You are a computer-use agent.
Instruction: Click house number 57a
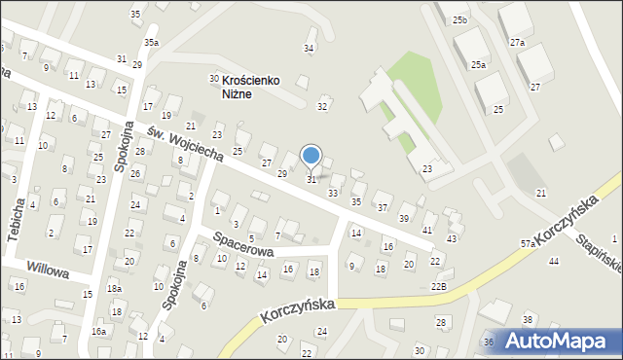coord(528,243)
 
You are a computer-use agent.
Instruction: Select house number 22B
coord(439,285)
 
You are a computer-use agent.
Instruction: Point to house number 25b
coord(459,19)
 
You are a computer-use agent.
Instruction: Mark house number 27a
coord(517,43)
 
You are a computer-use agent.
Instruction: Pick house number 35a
coord(151,43)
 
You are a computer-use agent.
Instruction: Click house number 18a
coord(115,289)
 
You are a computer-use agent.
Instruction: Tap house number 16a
coord(98,332)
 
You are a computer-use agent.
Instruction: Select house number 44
coord(554,261)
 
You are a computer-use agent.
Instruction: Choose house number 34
coord(310,48)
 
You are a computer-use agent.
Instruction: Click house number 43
coord(452,238)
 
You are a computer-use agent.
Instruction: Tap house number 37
coord(383,208)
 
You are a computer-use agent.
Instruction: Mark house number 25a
coord(478,64)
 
